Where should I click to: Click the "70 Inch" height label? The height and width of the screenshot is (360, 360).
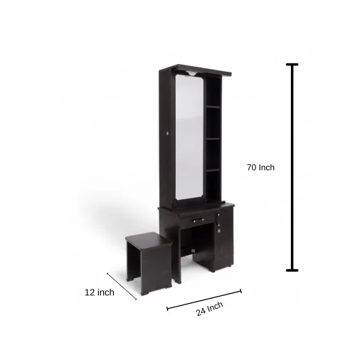pyautogui.click(x=260, y=167)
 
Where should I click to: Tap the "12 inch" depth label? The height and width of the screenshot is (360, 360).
pyautogui.click(x=100, y=292)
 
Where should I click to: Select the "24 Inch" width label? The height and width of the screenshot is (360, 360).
pyautogui.click(x=210, y=309)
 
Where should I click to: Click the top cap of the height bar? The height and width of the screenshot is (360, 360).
pyautogui.click(x=292, y=64)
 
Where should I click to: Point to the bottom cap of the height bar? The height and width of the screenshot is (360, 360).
pyautogui.click(x=292, y=270)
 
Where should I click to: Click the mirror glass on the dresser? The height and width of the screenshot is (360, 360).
pyautogui.click(x=189, y=137)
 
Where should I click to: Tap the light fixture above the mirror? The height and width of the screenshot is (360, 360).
pyautogui.click(x=192, y=73)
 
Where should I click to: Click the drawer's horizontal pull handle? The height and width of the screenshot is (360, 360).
pyautogui.click(x=198, y=220)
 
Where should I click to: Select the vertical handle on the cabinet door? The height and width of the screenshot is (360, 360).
pyautogui.click(x=218, y=219)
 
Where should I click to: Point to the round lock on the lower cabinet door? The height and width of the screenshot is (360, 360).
pyautogui.click(x=219, y=231)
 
